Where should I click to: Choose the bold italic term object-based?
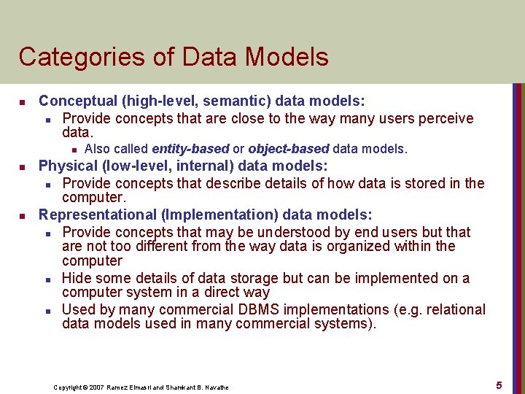[289, 149]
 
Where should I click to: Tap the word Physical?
[68, 166]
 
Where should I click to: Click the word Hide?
[77, 278]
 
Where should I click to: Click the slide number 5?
[499, 385]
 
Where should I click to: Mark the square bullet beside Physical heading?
[23, 166]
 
